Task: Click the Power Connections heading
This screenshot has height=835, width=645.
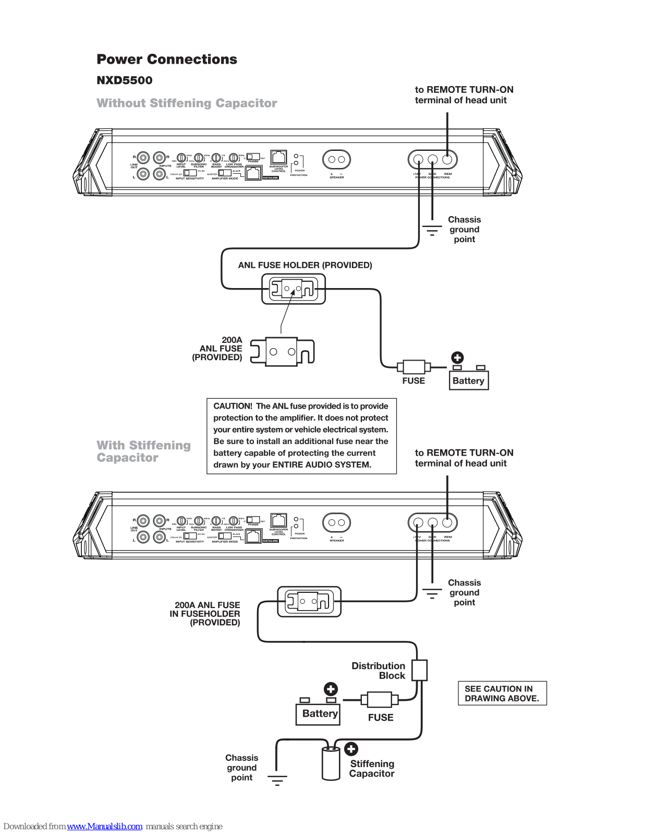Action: (167, 59)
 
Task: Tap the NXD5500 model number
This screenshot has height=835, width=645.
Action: (125, 80)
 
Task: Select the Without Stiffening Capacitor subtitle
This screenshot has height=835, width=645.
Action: (187, 103)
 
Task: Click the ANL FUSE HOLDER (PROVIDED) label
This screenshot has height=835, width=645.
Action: (305, 265)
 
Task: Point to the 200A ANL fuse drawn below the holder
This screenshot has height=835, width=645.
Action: (282, 351)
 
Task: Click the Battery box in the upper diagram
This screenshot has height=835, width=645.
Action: (468, 380)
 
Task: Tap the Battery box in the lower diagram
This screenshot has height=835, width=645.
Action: (319, 713)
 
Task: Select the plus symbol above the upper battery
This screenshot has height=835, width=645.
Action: (457, 357)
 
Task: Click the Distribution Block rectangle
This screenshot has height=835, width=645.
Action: (419, 670)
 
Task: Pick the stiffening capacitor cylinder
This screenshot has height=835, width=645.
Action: (331, 764)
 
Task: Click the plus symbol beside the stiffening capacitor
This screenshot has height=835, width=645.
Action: (351, 749)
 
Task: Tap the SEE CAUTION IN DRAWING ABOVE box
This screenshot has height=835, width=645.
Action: (502, 694)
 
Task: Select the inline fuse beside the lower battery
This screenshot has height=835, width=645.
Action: (380, 699)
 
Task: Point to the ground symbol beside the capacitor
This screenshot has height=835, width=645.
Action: (277, 780)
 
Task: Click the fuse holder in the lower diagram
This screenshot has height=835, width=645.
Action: (309, 601)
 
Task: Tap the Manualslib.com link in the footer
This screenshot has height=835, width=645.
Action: (104, 826)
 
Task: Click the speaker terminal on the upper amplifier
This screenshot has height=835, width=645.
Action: (336, 159)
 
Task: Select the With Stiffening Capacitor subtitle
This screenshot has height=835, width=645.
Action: (143, 451)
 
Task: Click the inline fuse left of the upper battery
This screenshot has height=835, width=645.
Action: (413, 366)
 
